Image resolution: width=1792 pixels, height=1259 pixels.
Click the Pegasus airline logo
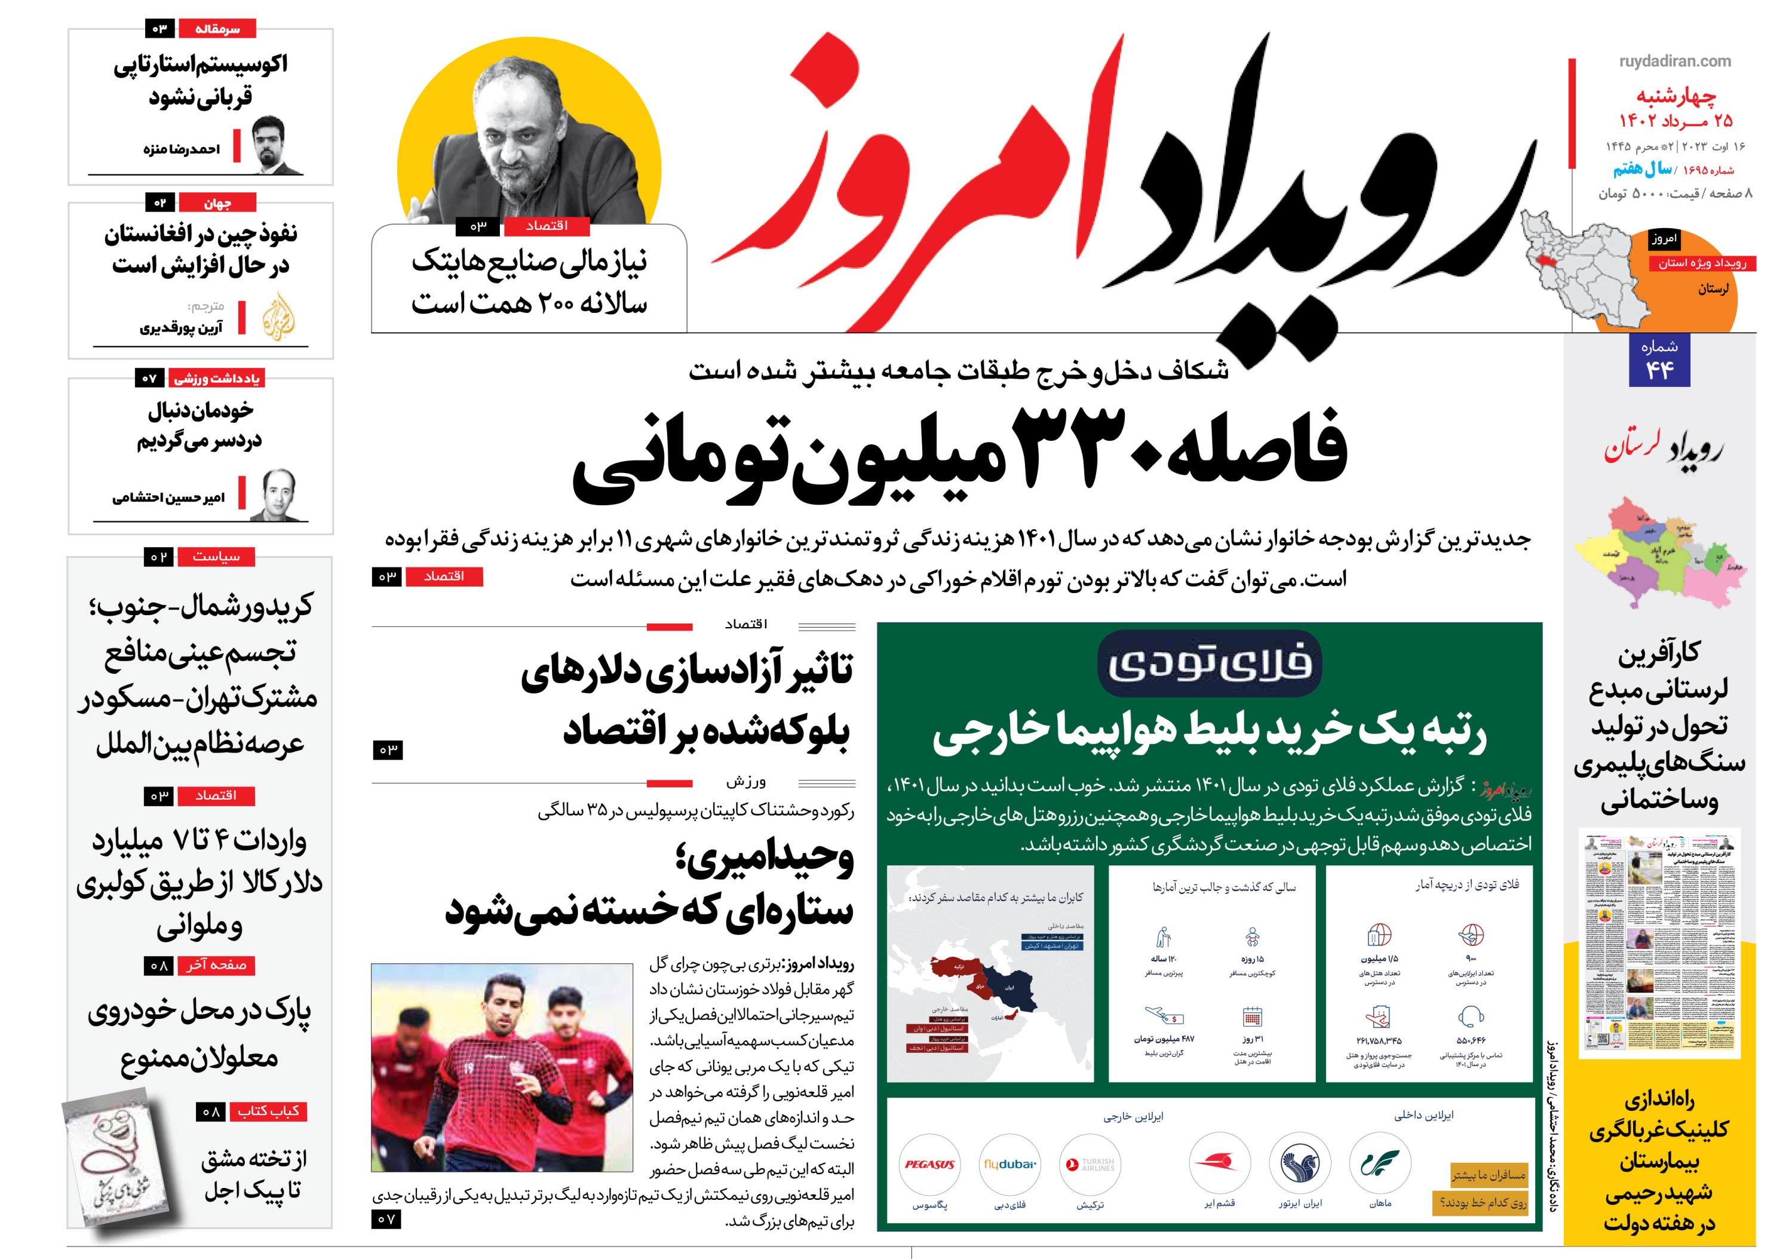tap(929, 1165)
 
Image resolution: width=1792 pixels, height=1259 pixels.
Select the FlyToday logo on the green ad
tap(1209, 664)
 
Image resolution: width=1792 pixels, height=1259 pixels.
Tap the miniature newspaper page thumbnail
tap(1659, 944)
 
